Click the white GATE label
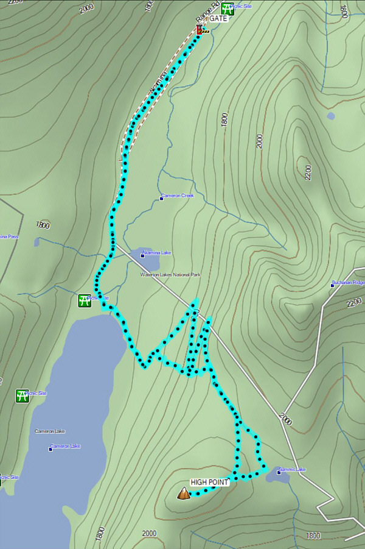pyautogui.click(x=218, y=19)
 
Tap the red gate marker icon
pyautogui.click(x=200, y=29)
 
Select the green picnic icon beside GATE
pyautogui.click(x=228, y=8)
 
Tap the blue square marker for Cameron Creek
pyautogui.click(x=161, y=198)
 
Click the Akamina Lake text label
pyautogui.click(x=158, y=251)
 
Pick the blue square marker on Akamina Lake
pyautogui.click(x=142, y=255)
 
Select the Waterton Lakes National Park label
pyautogui.click(x=170, y=275)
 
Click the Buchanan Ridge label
pyautogui.click(x=349, y=283)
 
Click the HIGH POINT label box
pyautogui.click(x=209, y=482)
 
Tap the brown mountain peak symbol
pyautogui.click(x=184, y=493)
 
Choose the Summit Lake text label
pyautogui.click(x=293, y=470)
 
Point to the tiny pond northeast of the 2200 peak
pyautogui.click(x=330, y=116)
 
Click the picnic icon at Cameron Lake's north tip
pyautogui.click(x=85, y=300)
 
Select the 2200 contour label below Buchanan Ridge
pyautogui.click(x=353, y=303)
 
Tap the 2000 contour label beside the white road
pyautogui.click(x=285, y=419)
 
